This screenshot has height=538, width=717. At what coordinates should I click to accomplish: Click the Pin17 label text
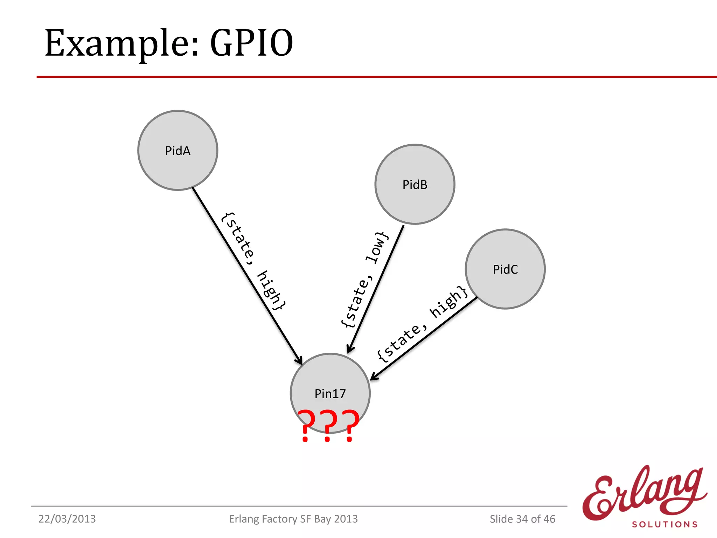(x=330, y=394)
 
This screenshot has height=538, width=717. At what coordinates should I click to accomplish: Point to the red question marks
(x=329, y=426)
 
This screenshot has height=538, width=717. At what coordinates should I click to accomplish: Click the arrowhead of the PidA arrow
(x=299, y=360)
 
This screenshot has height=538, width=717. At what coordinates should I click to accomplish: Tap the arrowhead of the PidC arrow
(x=374, y=377)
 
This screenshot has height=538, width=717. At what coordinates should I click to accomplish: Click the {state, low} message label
(x=364, y=280)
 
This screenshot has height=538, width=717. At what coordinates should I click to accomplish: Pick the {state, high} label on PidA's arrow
(x=253, y=261)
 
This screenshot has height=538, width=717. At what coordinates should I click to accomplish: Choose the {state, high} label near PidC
(x=422, y=324)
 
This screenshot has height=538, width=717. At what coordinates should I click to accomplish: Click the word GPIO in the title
(x=251, y=43)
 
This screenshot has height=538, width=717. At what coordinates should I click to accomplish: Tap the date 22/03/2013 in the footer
(x=67, y=519)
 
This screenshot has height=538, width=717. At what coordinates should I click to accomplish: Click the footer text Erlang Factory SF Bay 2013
(x=293, y=519)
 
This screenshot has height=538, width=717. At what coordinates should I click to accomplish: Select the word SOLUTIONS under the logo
(x=664, y=524)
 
